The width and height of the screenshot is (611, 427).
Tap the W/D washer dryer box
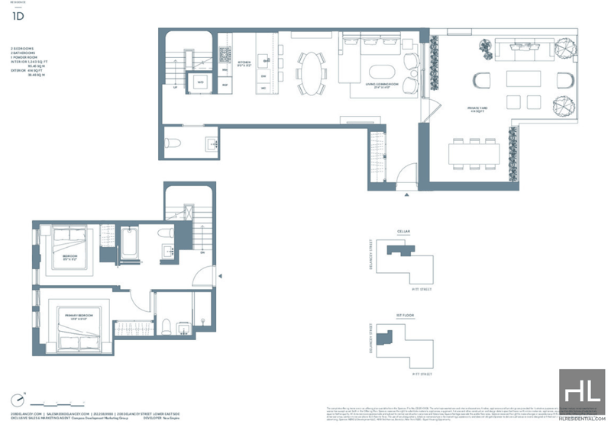(201, 81)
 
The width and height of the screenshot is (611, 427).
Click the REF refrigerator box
(225, 85)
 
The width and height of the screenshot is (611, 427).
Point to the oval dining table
(310, 72)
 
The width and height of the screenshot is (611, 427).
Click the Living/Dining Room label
(372, 85)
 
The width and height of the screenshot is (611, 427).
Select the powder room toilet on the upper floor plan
(173, 141)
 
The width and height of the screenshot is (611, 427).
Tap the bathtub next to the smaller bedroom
(128, 243)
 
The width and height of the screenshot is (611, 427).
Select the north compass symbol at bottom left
(17, 400)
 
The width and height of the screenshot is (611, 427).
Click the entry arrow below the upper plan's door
(406, 195)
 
